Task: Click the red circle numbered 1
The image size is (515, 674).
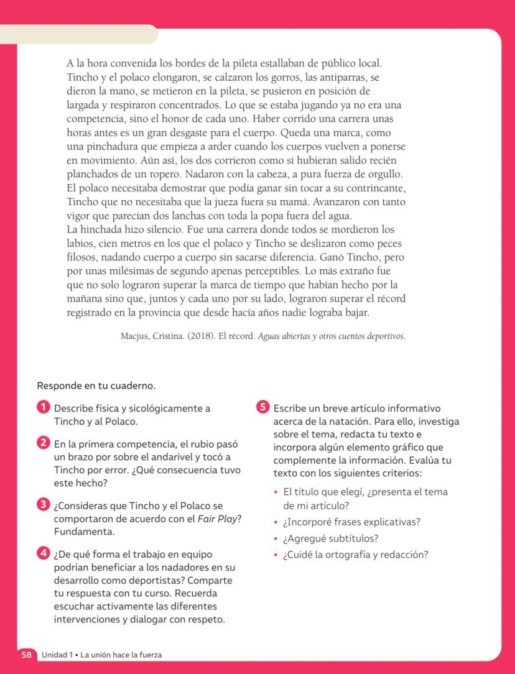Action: click(x=42, y=408)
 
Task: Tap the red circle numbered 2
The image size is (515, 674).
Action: click(x=42, y=443)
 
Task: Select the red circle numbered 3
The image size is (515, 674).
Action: click(x=42, y=505)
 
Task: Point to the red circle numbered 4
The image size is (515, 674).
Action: click(x=42, y=552)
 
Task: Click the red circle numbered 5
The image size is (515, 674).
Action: click(x=262, y=408)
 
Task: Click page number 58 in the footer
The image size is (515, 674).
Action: click(x=27, y=655)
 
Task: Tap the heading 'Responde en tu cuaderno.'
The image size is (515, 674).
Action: click(x=96, y=385)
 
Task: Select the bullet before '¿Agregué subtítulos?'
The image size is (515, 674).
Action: click(x=276, y=538)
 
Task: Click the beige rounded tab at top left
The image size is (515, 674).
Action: click(x=78, y=34)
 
